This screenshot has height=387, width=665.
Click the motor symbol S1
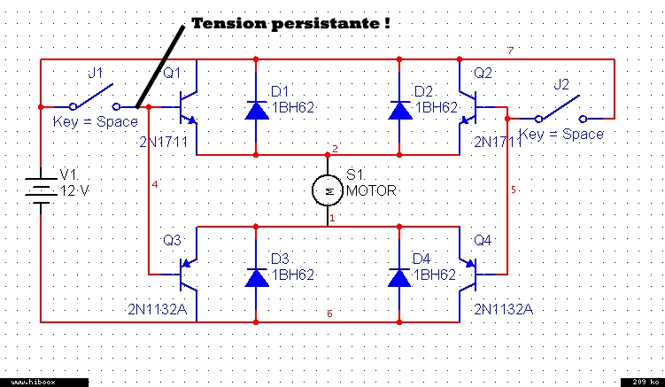click(x=327, y=190)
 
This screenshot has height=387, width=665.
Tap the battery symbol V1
click(x=41, y=190)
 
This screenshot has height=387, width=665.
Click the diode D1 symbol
click(x=256, y=110)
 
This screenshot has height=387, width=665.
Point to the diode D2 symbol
click(x=399, y=110)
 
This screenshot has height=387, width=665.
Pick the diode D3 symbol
click(x=256, y=277)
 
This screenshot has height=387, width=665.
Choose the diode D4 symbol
click(x=399, y=277)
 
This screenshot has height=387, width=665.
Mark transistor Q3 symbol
click(x=188, y=275)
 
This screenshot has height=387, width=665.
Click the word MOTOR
click(x=371, y=190)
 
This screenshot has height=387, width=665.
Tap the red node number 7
click(x=510, y=50)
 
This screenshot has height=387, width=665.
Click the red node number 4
click(x=155, y=185)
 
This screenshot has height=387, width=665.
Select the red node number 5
click(x=514, y=190)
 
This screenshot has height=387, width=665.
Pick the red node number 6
click(x=329, y=313)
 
